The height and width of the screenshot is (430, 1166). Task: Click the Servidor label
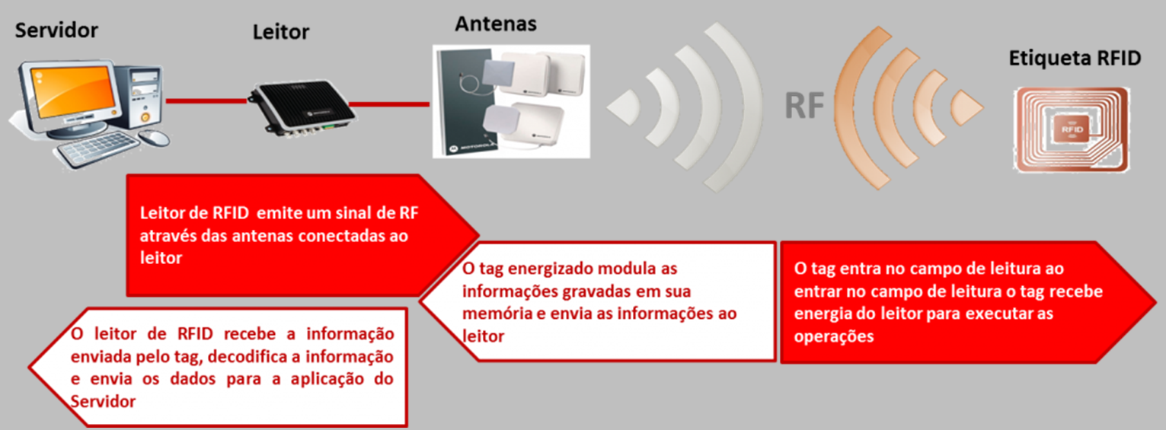coord(56,30)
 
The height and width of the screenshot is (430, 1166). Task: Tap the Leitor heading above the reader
coord(280,32)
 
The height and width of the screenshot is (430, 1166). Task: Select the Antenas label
coord(496,24)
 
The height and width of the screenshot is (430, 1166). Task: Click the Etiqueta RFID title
coord(1075,58)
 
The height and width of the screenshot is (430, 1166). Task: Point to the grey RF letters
coord(804,106)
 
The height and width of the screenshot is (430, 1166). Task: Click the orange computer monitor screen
coord(73,92)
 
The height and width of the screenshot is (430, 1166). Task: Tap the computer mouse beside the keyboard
coord(155,137)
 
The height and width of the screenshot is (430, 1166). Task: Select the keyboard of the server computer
coord(97,148)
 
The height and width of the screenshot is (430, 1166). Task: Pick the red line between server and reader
coord(206,101)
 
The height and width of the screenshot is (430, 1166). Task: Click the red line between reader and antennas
coord(389,104)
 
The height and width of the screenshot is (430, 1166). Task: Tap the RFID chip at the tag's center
coord(1072,129)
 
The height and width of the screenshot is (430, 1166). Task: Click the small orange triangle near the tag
coord(966,107)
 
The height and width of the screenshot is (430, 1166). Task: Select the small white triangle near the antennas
coord(624,107)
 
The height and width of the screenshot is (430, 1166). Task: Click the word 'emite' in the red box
coord(279,212)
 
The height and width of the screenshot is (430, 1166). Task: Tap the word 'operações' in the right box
coord(834,337)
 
